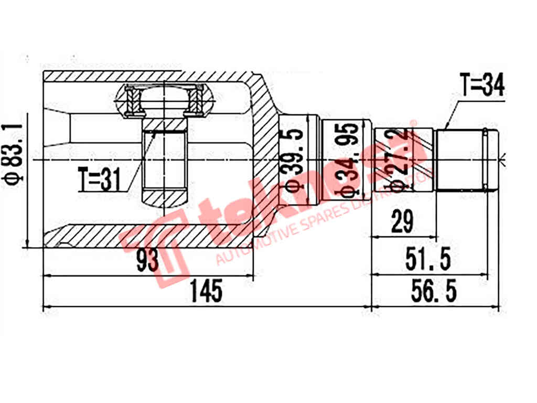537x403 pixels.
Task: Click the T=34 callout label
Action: [482, 85]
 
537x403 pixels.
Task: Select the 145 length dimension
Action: [207, 292]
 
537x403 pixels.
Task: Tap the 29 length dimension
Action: [402, 222]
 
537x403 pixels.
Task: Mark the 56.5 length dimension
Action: [433, 292]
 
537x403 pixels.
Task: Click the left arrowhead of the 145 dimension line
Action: [45, 307]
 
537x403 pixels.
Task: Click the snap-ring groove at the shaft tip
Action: [486, 160]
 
